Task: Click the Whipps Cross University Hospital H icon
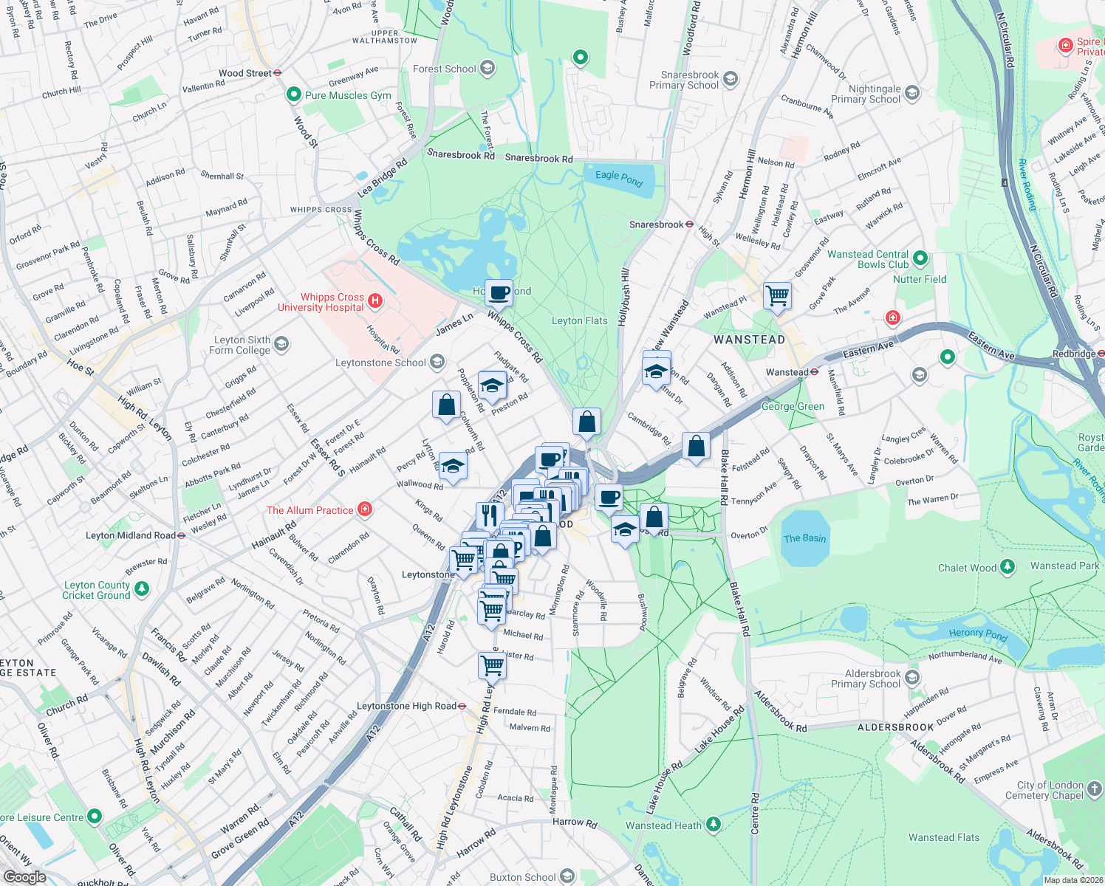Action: tap(375, 301)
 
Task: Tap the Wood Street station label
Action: tap(245, 73)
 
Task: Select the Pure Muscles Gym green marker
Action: tap(294, 95)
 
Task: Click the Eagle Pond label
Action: tap(619, 178)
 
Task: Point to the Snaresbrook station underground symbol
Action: tap(689, 224)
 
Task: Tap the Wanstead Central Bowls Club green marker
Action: tap(920, 258)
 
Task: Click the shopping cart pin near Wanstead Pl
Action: tap(777, 296)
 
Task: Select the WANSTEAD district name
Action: tap(749, 340)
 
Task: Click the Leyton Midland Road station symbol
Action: tap(182, 536)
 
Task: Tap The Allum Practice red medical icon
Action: tap(364, 509)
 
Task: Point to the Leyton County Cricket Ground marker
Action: tap(142, 589)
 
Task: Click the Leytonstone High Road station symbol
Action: tap(462, 707)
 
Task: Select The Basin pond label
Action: tap(804, 538)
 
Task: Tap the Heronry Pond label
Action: tap(978, 633)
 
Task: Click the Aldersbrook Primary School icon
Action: tap(912, 678)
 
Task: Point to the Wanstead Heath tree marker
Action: tap(713, 824)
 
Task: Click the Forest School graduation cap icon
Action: tap(487, 69)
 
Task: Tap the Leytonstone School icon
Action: tap(437, 362)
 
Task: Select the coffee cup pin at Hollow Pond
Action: tap(499, 292)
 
